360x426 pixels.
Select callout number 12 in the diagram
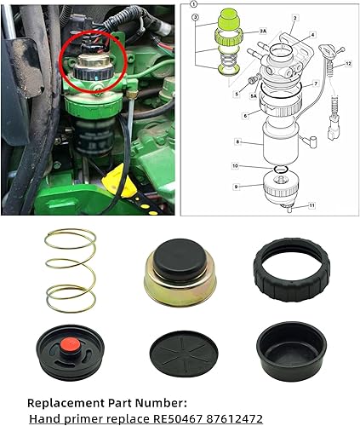pyautogui.click(x=349, y=63)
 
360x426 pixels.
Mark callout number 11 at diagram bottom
pyautogui.click(x=311, y=205)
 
